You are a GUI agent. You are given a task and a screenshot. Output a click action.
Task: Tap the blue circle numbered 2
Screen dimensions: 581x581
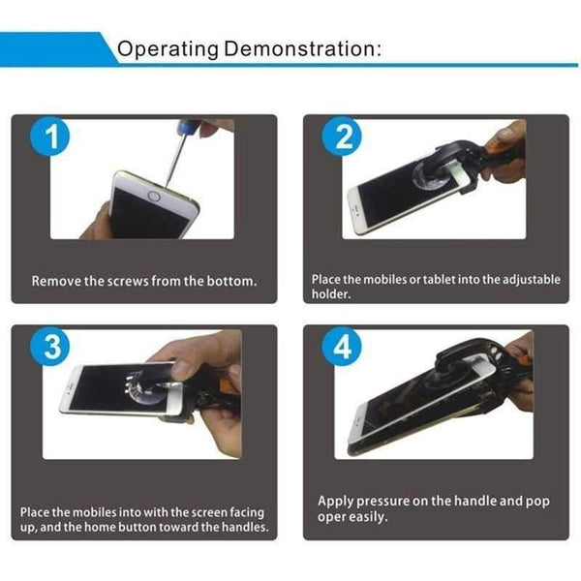[341, 138]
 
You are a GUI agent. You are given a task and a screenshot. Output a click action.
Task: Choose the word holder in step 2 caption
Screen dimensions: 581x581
[331, 295]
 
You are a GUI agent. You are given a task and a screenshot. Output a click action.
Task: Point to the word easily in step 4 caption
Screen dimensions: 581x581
[370, 517]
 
